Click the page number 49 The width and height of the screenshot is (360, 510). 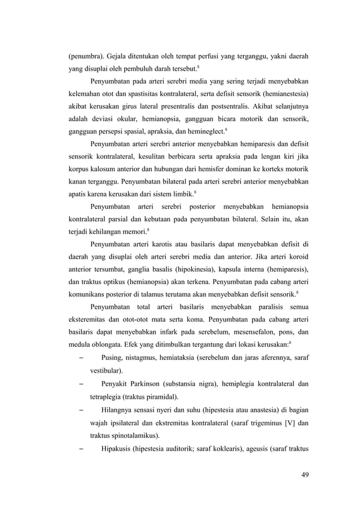point(305,473)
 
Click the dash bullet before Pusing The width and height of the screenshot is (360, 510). point(81,358)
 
